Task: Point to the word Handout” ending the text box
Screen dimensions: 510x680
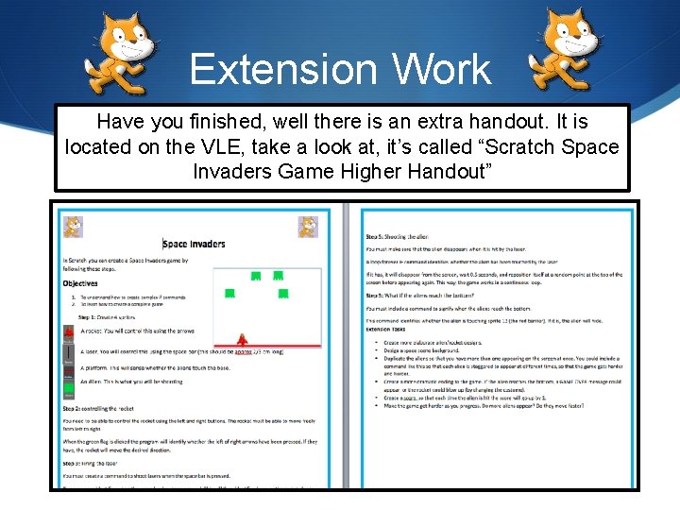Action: click(433, 171)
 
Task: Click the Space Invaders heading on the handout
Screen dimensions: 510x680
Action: click(194, 243)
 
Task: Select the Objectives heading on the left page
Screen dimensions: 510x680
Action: click(80, 282)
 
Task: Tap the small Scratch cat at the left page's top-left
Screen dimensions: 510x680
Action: click(73, 227)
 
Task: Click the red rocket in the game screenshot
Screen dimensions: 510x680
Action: click(243, 338)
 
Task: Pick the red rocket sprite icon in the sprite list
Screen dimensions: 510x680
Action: click(68, 332)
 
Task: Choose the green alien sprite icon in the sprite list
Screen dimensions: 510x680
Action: click(68, 387)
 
